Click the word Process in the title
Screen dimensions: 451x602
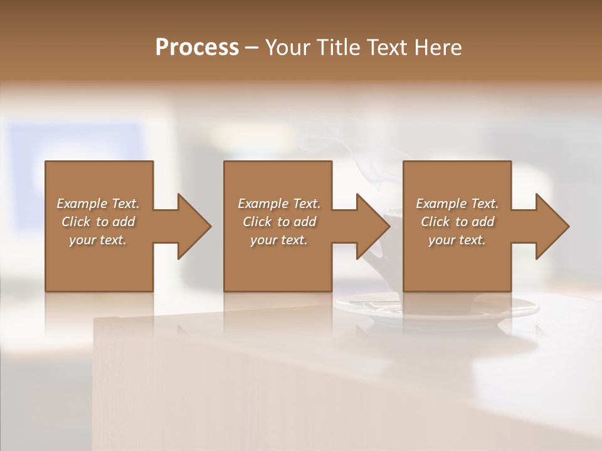197,47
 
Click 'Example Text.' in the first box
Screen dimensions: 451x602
98,204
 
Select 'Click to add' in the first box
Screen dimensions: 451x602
98,222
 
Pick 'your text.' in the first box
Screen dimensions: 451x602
98,240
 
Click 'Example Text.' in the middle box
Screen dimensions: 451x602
279,204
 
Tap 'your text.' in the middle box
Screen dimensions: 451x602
279,240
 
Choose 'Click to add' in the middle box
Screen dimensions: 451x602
279,222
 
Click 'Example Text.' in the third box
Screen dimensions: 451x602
457,204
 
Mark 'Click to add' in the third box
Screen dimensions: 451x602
457,222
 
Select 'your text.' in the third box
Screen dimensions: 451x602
457,240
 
